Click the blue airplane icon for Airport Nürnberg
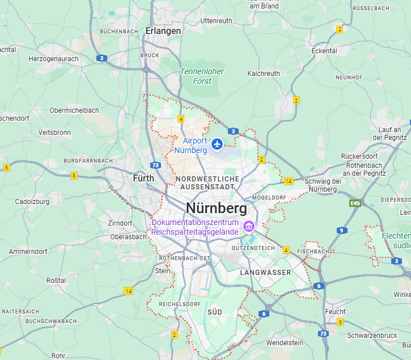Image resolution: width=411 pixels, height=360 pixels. pos(217,145)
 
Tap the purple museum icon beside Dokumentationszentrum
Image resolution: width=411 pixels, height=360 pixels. pos(248,227)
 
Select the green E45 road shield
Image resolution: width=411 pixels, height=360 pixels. pos(355,203)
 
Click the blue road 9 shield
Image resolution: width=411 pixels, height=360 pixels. pos(341,230)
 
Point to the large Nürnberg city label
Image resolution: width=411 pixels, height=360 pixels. pos(216,209)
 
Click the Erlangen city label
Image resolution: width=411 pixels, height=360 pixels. pos(163,31)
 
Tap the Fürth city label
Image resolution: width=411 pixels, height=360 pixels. pos(143,178)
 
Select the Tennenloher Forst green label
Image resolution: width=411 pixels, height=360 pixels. pos(202,77)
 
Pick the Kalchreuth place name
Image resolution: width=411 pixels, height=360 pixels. pos(264,74)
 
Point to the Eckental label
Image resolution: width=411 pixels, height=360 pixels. pos(324,51)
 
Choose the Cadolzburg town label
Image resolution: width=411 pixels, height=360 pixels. pos(32,201)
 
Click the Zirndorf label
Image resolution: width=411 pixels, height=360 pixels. pos(120,223)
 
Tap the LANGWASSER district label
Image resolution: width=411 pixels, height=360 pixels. pos(265,273)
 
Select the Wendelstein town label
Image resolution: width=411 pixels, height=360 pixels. pos(285,343)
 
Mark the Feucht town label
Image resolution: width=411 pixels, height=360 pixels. pos(335,312)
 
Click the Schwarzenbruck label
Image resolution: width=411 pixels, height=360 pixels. pos(372,335)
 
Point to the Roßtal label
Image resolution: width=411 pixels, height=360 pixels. pos(56,280)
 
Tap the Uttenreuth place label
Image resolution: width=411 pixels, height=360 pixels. pos(216,21)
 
